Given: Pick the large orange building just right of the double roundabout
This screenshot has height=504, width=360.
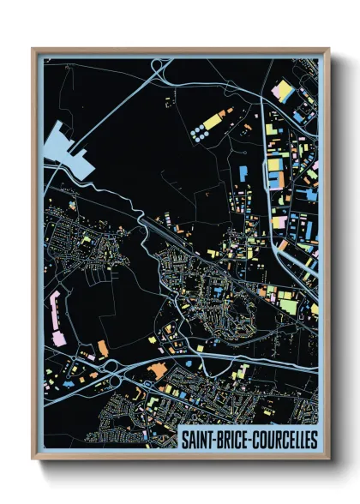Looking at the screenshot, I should coord(157,371).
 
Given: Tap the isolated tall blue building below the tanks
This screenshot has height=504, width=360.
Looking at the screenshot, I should coord(243,177).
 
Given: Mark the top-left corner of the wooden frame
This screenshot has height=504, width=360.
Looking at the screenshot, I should coord(33,49).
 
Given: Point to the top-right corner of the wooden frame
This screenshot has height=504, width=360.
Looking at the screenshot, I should coord(329,49).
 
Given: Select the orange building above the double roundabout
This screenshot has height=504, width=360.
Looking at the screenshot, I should coord(103,347).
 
